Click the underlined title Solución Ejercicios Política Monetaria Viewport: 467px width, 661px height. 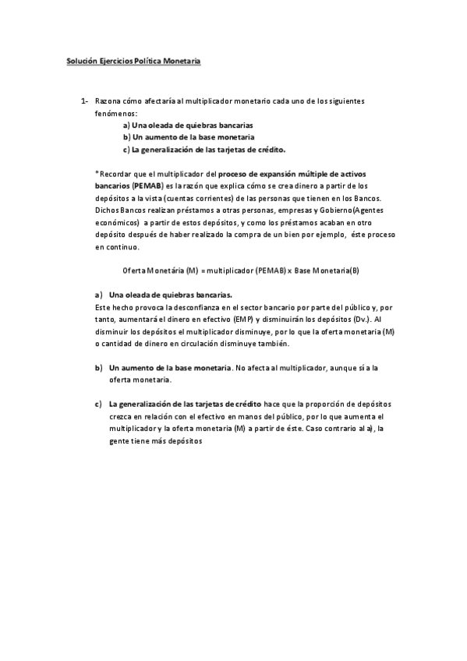pyautogui.click(x=133, y=60)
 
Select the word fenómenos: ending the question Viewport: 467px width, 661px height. pyautogui.click(x=115, y=114)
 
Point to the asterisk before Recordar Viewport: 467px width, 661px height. pyautogui.click(x=97, y=173)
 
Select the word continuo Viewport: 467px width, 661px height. pyautogui.click(x=125, y=247)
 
